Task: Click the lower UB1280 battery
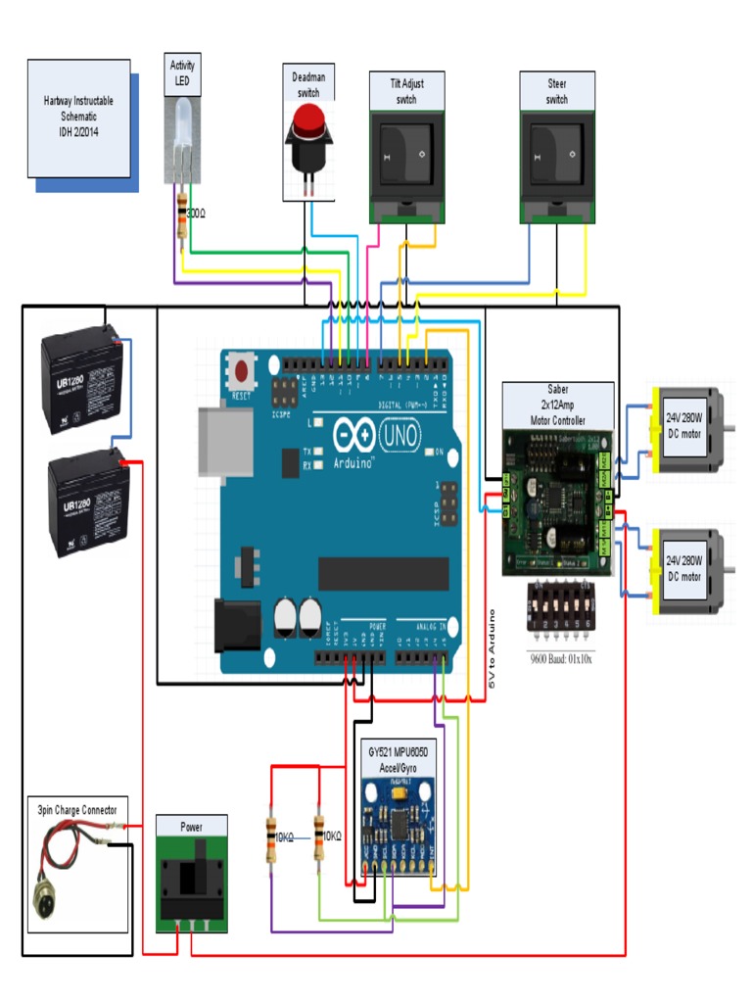coord(88,506)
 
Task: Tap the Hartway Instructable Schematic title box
coord(78,117)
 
